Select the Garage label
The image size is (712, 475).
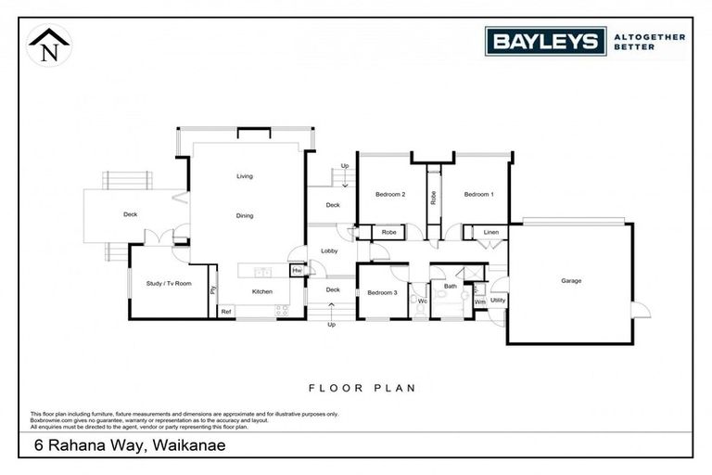571,280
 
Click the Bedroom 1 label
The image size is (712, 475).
479,194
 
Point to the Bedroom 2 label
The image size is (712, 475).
390,194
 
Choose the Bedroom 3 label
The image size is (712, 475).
382,293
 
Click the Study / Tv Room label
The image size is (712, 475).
169,283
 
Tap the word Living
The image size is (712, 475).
245,175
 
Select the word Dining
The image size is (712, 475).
245,215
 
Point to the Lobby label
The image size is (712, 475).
329,250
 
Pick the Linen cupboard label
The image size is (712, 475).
490,232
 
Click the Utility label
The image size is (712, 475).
497,301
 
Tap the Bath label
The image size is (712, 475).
451,287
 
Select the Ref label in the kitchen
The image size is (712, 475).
225,313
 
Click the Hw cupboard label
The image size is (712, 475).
297,270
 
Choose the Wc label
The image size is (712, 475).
421,301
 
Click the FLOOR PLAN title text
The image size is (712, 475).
360,388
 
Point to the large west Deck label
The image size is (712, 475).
131,215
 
